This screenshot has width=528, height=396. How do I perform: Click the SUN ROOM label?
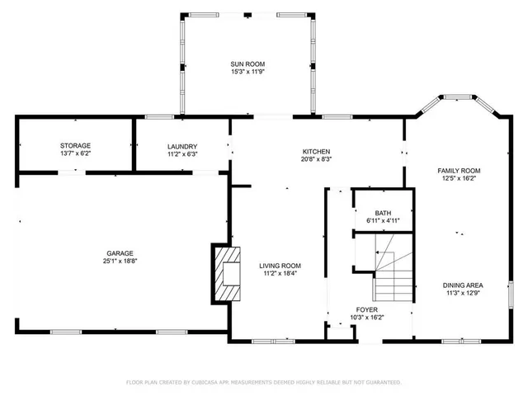[247, 64]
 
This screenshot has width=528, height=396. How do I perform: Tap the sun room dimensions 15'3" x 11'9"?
[247, 72]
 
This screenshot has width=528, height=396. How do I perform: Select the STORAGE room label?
[74, 145]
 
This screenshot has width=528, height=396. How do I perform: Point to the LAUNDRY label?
[182, 145]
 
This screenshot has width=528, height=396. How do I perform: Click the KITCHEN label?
[316, 152]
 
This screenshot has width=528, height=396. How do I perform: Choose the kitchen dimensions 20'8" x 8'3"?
[316, 160]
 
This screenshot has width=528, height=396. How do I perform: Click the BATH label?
[383, 213]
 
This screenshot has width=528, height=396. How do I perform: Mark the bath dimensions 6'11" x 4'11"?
[383, 221]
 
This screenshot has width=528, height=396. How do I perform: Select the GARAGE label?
[119, 253]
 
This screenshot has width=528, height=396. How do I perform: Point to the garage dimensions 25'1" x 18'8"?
[119, 262]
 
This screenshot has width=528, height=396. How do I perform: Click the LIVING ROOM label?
[280, 265]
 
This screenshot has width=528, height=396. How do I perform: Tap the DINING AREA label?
[464, 285]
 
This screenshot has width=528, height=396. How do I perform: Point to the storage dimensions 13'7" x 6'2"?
[74, 153]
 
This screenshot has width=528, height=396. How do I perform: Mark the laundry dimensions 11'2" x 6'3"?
[182, 153]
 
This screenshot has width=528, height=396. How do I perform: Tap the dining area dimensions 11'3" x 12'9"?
[464, 294]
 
